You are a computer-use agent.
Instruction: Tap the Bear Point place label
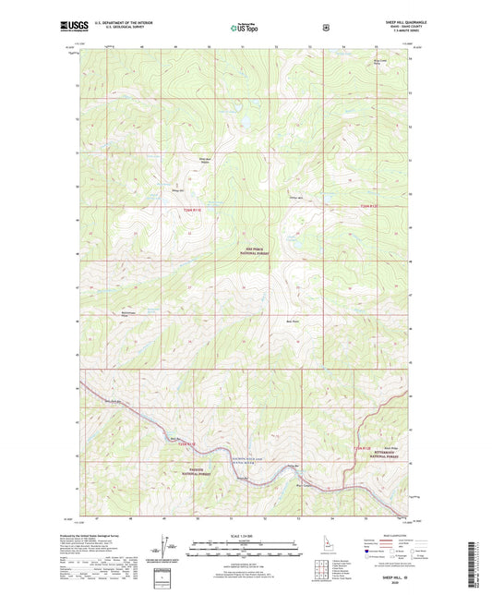pos(292,322)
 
